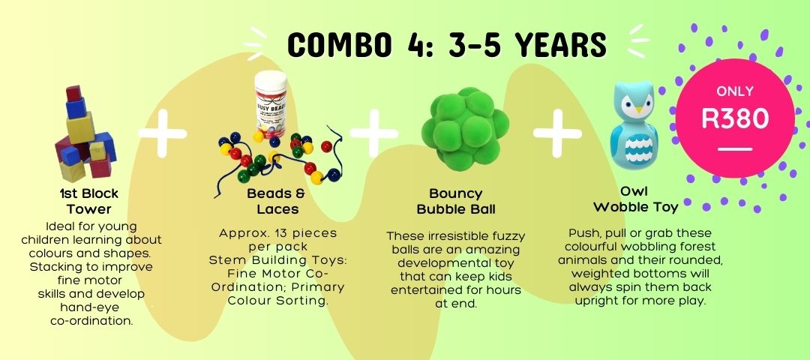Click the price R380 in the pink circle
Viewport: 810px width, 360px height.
734,118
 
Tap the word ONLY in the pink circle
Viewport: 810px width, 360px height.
734,91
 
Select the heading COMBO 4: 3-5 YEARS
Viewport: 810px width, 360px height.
447,44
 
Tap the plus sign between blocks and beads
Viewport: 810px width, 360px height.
163,133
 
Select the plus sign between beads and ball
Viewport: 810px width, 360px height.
374,133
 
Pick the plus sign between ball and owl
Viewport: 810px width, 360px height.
557,133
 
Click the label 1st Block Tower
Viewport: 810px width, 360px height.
88,202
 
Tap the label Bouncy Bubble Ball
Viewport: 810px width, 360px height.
456,202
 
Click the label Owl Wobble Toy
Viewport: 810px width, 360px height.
635,200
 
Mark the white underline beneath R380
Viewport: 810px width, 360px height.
734,149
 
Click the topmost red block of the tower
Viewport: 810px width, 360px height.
73,93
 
